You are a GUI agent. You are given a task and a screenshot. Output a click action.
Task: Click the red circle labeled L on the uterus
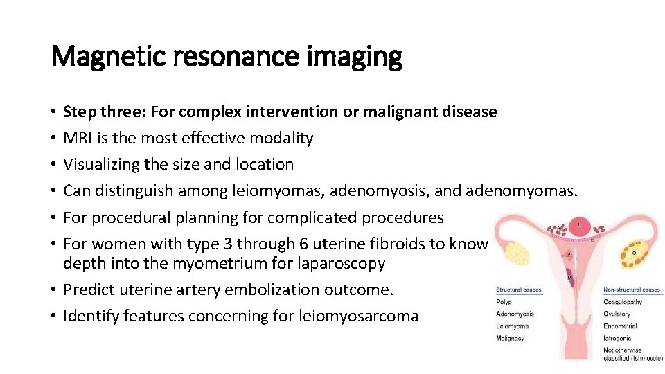[x=579, y=225]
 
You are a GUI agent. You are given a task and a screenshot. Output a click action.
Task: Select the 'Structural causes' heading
[x=519, y=290]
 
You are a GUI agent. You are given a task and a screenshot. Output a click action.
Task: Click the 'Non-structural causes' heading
[x=631, y=290]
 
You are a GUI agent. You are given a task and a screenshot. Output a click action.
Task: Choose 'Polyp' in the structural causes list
[x=504, y=302]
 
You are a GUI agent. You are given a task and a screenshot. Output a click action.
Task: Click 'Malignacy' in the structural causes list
[x=511, y=338]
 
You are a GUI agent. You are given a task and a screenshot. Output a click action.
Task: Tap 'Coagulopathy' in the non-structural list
[x=623, y=302]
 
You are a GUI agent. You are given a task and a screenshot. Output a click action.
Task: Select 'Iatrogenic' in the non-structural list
[x=618, y=339]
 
